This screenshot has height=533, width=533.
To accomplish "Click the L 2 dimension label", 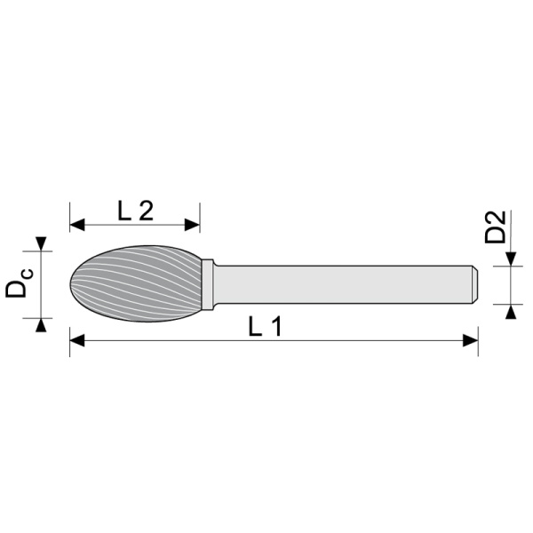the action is point(135,211).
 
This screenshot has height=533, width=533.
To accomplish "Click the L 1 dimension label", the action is point(265,327).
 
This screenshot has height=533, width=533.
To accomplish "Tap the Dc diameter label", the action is point(19,283).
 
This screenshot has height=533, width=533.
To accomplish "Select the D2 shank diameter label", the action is point(495,227).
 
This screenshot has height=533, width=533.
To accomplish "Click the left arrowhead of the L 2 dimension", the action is point(77,225).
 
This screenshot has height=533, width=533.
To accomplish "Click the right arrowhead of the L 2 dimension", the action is point(192,225).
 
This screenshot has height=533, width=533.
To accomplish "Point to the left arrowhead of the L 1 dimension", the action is point(77,340).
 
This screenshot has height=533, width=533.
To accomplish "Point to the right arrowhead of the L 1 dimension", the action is point(471,340).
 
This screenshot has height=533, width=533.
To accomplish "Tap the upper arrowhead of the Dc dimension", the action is point(41,244).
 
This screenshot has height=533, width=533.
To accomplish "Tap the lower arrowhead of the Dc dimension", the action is point(41,325).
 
